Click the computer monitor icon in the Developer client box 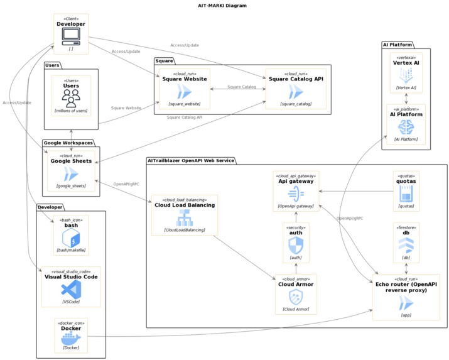click(x=71, y=36)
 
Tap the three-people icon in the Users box click(x=71, y=97)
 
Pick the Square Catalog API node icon click(x=296, y=92)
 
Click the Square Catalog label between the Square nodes click(x=242, y=87)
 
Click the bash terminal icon click(x=71, y=237)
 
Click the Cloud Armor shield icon click(x=296, y=297)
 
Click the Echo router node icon click(x=406, y=304)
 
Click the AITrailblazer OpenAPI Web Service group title click(x=190, y=161)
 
